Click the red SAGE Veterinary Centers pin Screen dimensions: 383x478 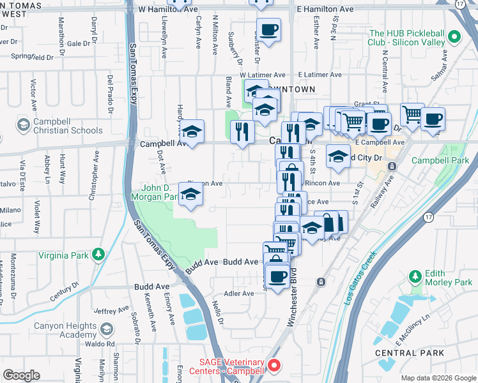tap(274, 366)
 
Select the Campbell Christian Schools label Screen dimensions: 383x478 tap(60, 126)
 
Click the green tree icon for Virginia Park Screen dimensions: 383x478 tap(98, 255)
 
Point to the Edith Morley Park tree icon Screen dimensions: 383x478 tap(415, 276)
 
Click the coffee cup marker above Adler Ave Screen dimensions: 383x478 tap(277, 277)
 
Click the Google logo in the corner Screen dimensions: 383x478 tap(22, 375)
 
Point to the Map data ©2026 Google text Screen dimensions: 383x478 tap(438, 378)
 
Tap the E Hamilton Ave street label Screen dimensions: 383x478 tap(325, 10)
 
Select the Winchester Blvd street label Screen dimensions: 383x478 tap(293, 303)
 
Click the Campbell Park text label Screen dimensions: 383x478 tap(440, 160)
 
